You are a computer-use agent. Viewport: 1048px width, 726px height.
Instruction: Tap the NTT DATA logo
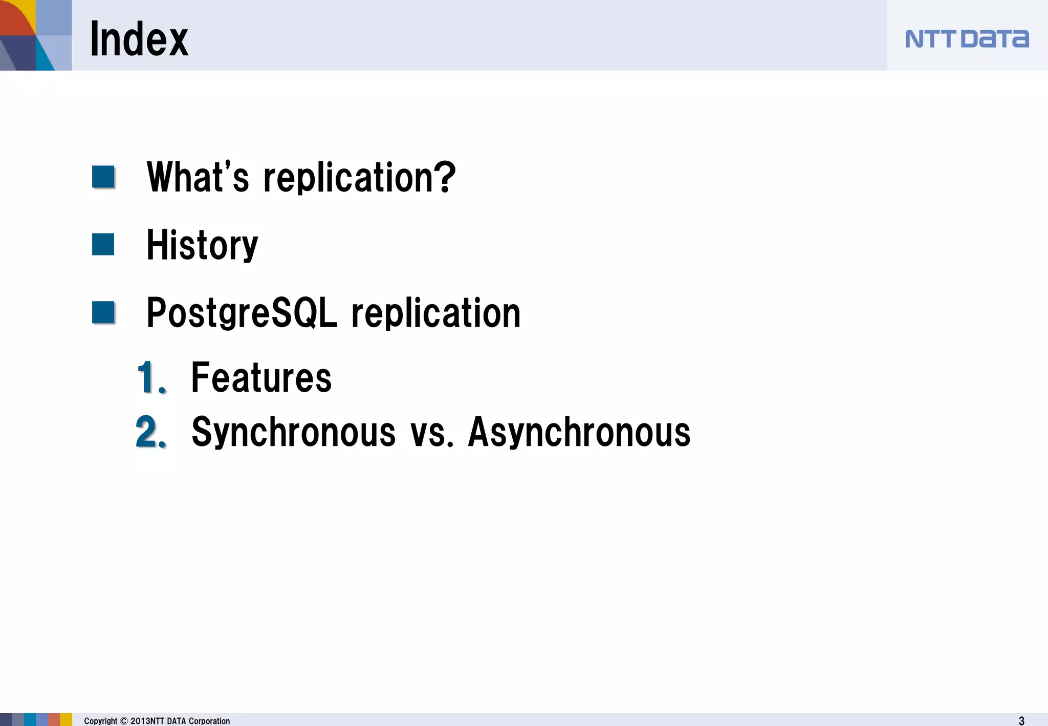tap(967, 39)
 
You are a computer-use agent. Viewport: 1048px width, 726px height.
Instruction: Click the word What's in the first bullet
tap(198, 177)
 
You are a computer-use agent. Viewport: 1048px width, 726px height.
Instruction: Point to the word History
tap(202, 245)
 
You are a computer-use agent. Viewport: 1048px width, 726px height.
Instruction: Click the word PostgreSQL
tap(242, 313)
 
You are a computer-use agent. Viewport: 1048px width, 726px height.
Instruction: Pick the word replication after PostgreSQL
tap(436, 313)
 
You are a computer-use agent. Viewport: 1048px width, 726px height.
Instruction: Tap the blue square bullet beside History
tap(103, 244)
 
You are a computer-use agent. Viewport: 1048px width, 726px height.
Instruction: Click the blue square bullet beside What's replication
tap(103, 177)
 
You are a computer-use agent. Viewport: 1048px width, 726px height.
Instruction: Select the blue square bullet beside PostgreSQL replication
tap(103, 312)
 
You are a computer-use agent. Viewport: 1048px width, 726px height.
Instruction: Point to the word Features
tap(261, 377)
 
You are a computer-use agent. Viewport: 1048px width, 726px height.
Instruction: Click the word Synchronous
tap(293, 432)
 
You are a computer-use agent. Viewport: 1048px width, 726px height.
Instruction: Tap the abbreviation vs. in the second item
tap(431, 432)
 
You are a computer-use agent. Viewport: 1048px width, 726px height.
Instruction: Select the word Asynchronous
tap(579, 432)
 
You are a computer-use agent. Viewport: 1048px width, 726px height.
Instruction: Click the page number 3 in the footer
tap(1021, 720)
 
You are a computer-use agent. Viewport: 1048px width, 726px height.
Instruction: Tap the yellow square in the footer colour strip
tap(67, 719)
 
